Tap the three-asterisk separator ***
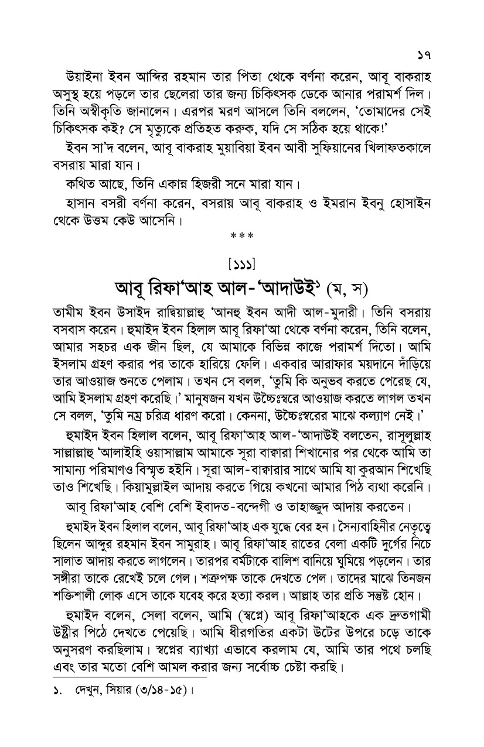point(241,236)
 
